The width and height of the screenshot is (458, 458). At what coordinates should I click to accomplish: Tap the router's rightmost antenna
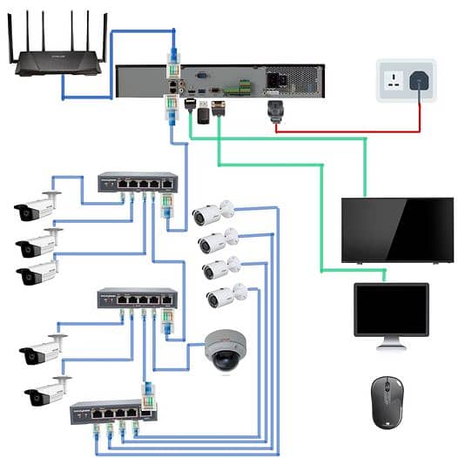[105, 31]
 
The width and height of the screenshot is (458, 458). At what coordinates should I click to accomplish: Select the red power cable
[348, 131]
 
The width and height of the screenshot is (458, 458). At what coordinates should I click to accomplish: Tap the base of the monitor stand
[391, 347]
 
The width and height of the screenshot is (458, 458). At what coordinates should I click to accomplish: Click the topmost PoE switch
[137, 182]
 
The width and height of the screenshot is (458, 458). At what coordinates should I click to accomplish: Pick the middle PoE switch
[137, 299]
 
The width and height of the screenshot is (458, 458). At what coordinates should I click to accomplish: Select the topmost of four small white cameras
[212, 212]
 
